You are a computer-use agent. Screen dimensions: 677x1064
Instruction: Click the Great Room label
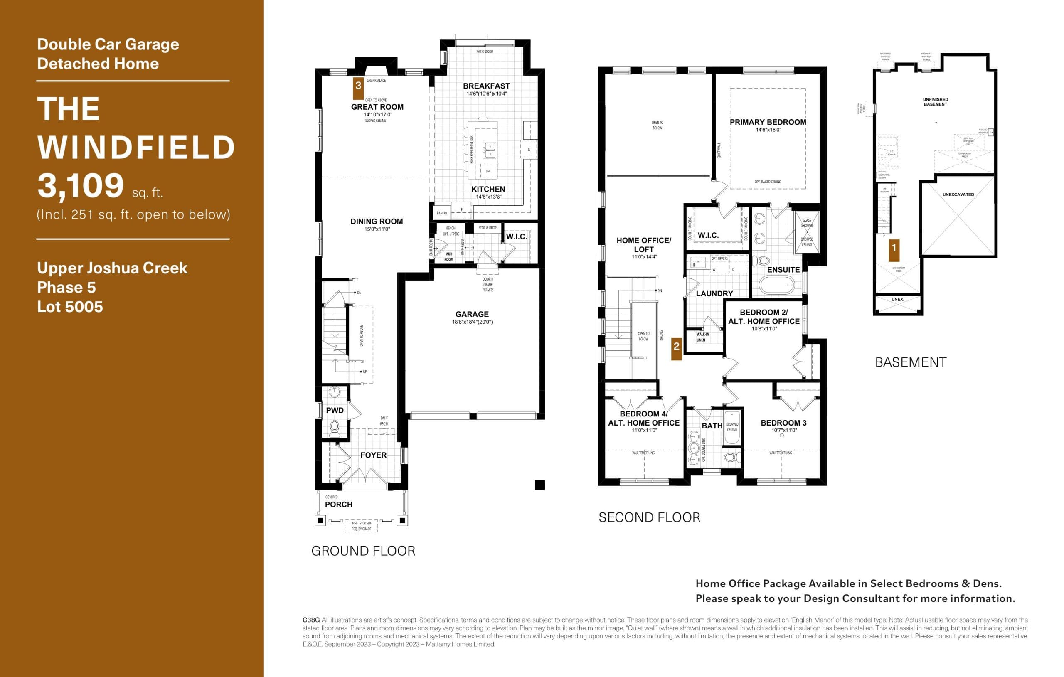(x=377, y=107)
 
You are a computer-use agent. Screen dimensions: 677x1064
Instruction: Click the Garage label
(x=472, y=314)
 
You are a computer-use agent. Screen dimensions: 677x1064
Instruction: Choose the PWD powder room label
(x=335, y=410)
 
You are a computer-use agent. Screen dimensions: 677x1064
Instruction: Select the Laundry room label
(x=714, y=293)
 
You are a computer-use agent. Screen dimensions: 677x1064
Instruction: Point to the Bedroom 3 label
(x=783, y=423)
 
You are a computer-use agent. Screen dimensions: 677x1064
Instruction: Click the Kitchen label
(x=488, y=189)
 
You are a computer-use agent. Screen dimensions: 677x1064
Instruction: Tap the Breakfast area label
(x=486, y=86)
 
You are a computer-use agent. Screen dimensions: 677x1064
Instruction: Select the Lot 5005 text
(x=70, y=307)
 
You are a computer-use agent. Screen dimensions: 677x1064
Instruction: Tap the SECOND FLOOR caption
(x=649, y=517)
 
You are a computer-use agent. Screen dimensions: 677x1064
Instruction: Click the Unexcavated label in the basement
(x=958, y=194)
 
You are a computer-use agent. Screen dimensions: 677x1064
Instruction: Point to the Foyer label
(x=373, y=455)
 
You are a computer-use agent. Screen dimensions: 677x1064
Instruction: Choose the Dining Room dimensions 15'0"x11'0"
(x=377, y=229)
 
